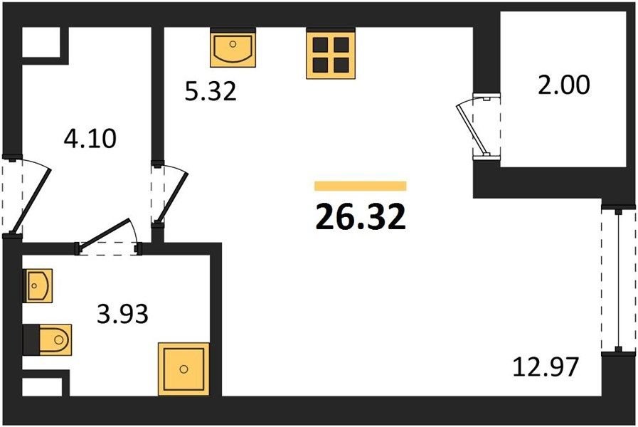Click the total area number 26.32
point(361,216)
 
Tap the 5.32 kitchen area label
point(211,91)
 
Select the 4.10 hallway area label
point(90,138)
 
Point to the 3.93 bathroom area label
point(122,314)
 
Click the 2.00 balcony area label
point(563,85)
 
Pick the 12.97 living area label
point(546,367)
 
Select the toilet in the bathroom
point(55,339)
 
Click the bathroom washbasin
point(39,286)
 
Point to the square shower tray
point(184,369)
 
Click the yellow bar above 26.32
point(361,186)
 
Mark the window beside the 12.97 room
point(619,281)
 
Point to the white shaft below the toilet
point(42,386)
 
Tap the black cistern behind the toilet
point(31,339)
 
